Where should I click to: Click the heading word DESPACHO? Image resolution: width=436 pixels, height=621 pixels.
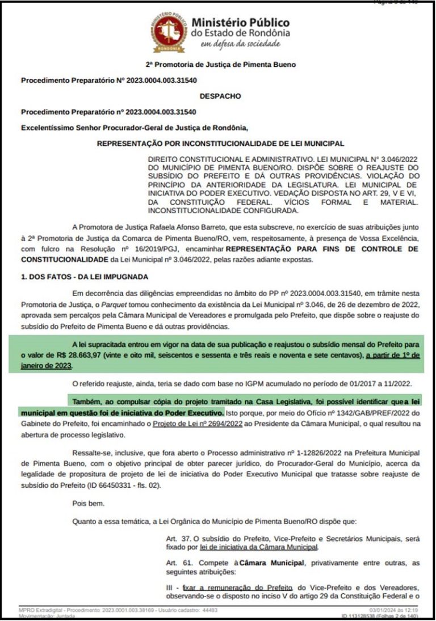(x=220, y=96)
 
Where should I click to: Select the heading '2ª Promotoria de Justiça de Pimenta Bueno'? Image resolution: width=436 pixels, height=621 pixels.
(x=220, y=65)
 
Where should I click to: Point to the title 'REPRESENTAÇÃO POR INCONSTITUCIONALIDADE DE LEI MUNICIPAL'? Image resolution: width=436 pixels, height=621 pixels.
(x=220, y=144)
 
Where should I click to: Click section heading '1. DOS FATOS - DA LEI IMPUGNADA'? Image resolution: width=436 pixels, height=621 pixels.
(x=84, y=277)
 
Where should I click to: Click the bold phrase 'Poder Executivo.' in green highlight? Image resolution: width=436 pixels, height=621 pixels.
(x=194, y=412)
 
